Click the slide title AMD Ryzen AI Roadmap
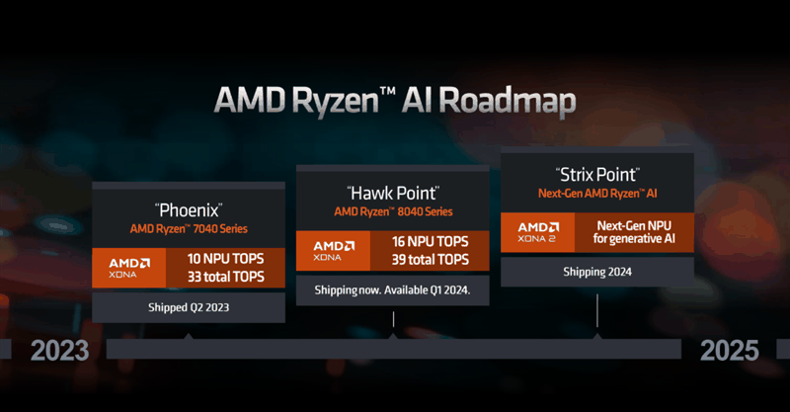pyautogui.click(x=395, y=100)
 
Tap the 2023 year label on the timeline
pyautogui.click(x=59, y=350)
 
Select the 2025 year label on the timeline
pyautogui.click(x=730, y=350)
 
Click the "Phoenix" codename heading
pyautogui.click(x=188, y=210)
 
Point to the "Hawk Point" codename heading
pyautogui.click(x=392, y=193)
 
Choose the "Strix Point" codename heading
pyautogui.click(x=597, y=176)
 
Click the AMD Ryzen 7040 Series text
pyautogui.click(x=188, y=228)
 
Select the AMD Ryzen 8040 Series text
pyautogui.click(x=392, y=211)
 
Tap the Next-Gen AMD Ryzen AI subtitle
pyautogui.click(x=597, y=194)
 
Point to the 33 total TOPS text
pyautogui.click(x=226, y=277)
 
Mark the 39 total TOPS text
pyautogui.click(x=431, y=260)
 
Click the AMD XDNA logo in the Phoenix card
pyautogui.click(x=129, y=268)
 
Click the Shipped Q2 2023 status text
pyautogui.click(x=188, y=307)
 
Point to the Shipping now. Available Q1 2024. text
pyautogui.click(x=392, y=290)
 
